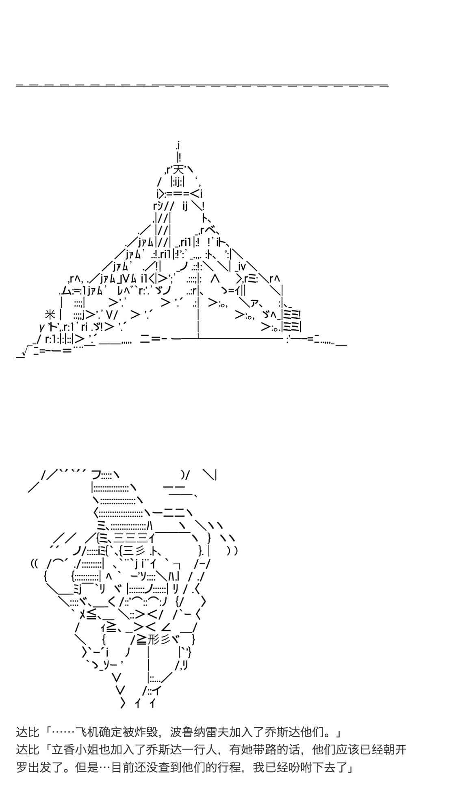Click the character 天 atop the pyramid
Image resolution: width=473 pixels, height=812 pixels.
pos(178,169)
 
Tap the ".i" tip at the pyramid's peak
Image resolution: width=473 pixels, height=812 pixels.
pos(178,145)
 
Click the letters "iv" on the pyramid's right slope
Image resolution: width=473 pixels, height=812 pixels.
pos(241,266)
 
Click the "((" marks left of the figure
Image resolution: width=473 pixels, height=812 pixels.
pos(34,564)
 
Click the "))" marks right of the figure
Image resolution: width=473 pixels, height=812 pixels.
pos(232,551)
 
